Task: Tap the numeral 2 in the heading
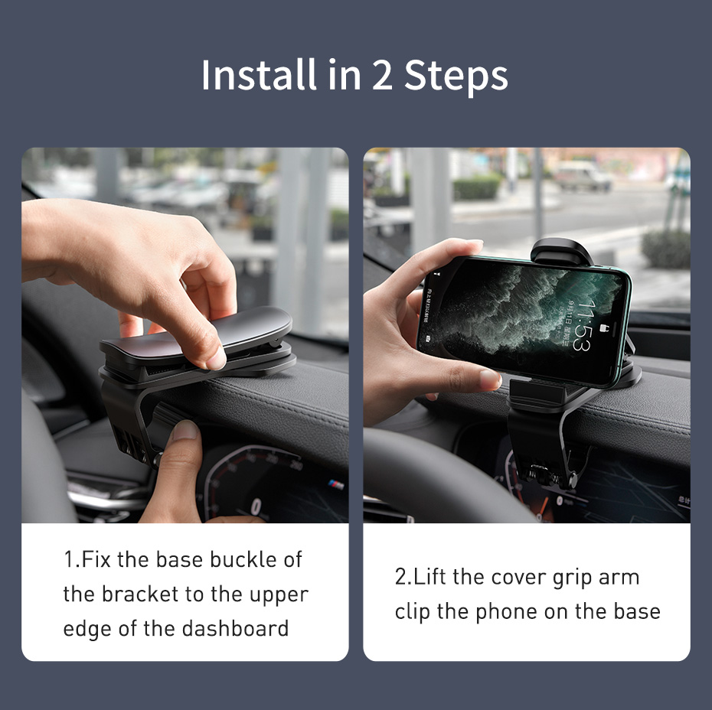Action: tap(382, 76)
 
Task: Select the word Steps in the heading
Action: tap(456, 78)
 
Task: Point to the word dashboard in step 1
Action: tap(235, 629)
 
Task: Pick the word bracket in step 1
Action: tap(140, 594)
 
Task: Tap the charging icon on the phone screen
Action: tap(605, 327)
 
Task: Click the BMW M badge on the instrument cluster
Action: tap(336, 484)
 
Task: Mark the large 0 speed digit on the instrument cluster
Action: tap(256, 506)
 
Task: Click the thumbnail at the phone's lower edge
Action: tap(491, 379)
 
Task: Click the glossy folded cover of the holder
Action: tap(196, 335)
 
